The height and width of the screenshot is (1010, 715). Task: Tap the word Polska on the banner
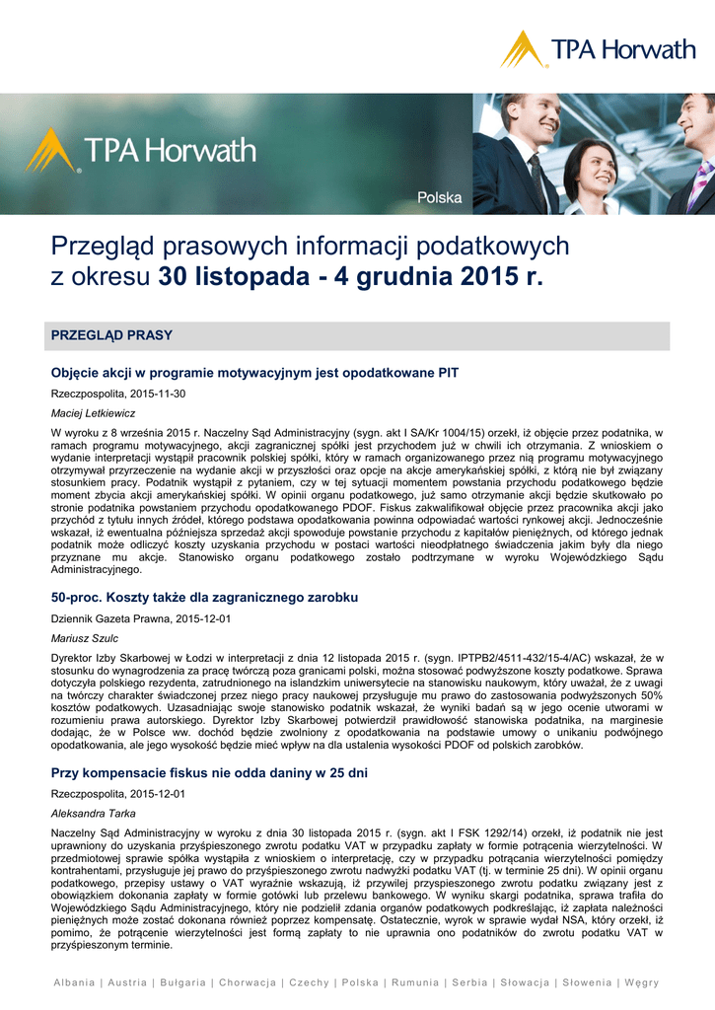click(x=439, y=197)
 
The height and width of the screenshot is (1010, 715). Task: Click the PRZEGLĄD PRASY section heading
click(x=111, y=335)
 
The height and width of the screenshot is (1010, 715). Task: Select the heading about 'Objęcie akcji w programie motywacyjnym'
click(x=254, y=373)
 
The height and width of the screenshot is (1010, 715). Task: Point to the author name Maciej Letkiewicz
click(x=93, y=413)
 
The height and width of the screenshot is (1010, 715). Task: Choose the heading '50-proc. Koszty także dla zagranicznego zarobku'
click(x=204, y=598)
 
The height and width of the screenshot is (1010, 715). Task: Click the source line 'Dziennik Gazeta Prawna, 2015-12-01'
click(x=140, y=618)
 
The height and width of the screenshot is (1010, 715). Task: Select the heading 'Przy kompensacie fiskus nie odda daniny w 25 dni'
click(x=209, y=773)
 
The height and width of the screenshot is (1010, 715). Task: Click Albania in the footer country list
click(x=76, y=982)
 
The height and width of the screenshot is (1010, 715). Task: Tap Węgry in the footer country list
click(x=642, y=982)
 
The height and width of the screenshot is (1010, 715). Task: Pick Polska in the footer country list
click(x=360, y=982)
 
